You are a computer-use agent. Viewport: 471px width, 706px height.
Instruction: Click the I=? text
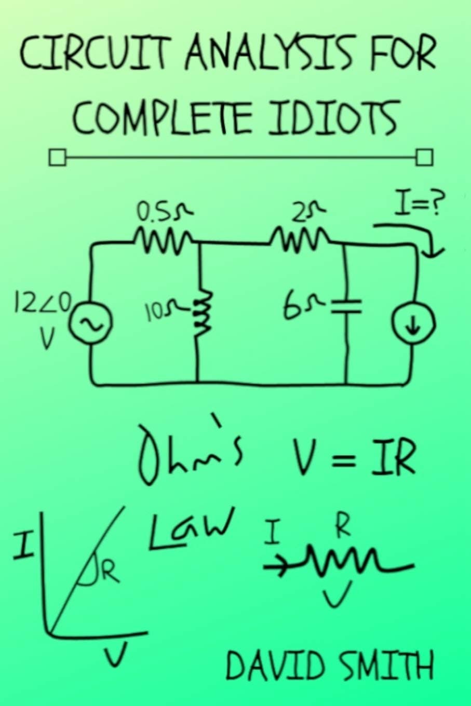click(x=418, y=205)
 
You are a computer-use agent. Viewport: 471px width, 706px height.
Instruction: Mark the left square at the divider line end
click(x=58, y=157)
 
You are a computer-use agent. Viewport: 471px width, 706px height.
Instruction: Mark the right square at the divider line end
click(x=424, y=157)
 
